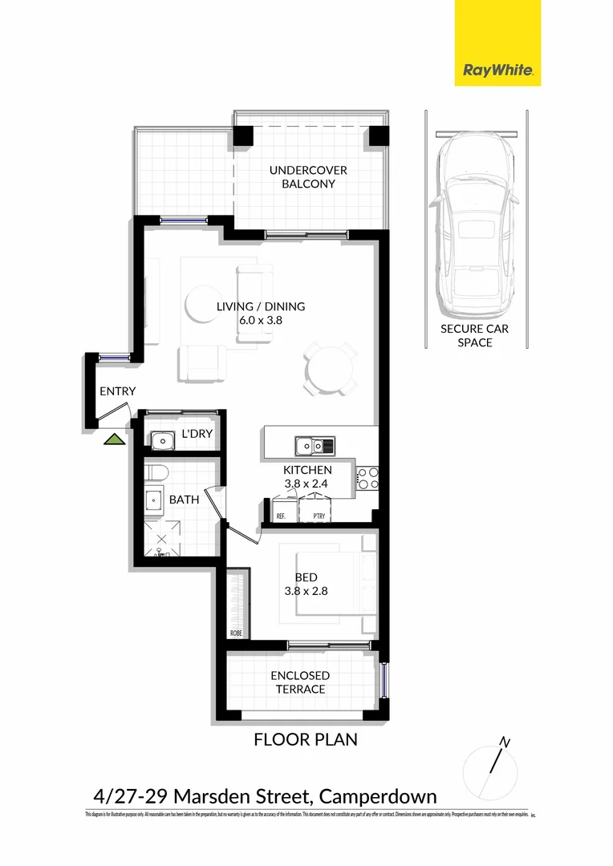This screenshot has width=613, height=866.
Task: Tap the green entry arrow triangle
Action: (116, 439)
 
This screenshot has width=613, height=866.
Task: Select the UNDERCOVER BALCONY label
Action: (302, 177)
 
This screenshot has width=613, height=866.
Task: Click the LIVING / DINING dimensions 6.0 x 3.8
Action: (261, 320)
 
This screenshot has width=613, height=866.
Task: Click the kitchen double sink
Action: (315, 445)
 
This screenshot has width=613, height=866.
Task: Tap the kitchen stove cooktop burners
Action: (367, 478)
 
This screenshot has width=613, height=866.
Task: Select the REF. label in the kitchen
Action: (281, 516)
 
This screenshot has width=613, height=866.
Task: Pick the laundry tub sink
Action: (163, 440)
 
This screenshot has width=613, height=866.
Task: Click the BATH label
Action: (184, 500)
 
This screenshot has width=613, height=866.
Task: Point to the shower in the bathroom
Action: (161, 539)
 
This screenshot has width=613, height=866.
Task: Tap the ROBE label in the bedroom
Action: (236, 633)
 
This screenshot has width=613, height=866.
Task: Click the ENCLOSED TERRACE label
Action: (300, 682)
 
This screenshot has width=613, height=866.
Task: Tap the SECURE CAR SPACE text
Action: (474, 335)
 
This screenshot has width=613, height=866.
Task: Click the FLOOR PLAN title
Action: (306, 739)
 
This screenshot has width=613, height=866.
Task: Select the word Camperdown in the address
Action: (378, 796)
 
